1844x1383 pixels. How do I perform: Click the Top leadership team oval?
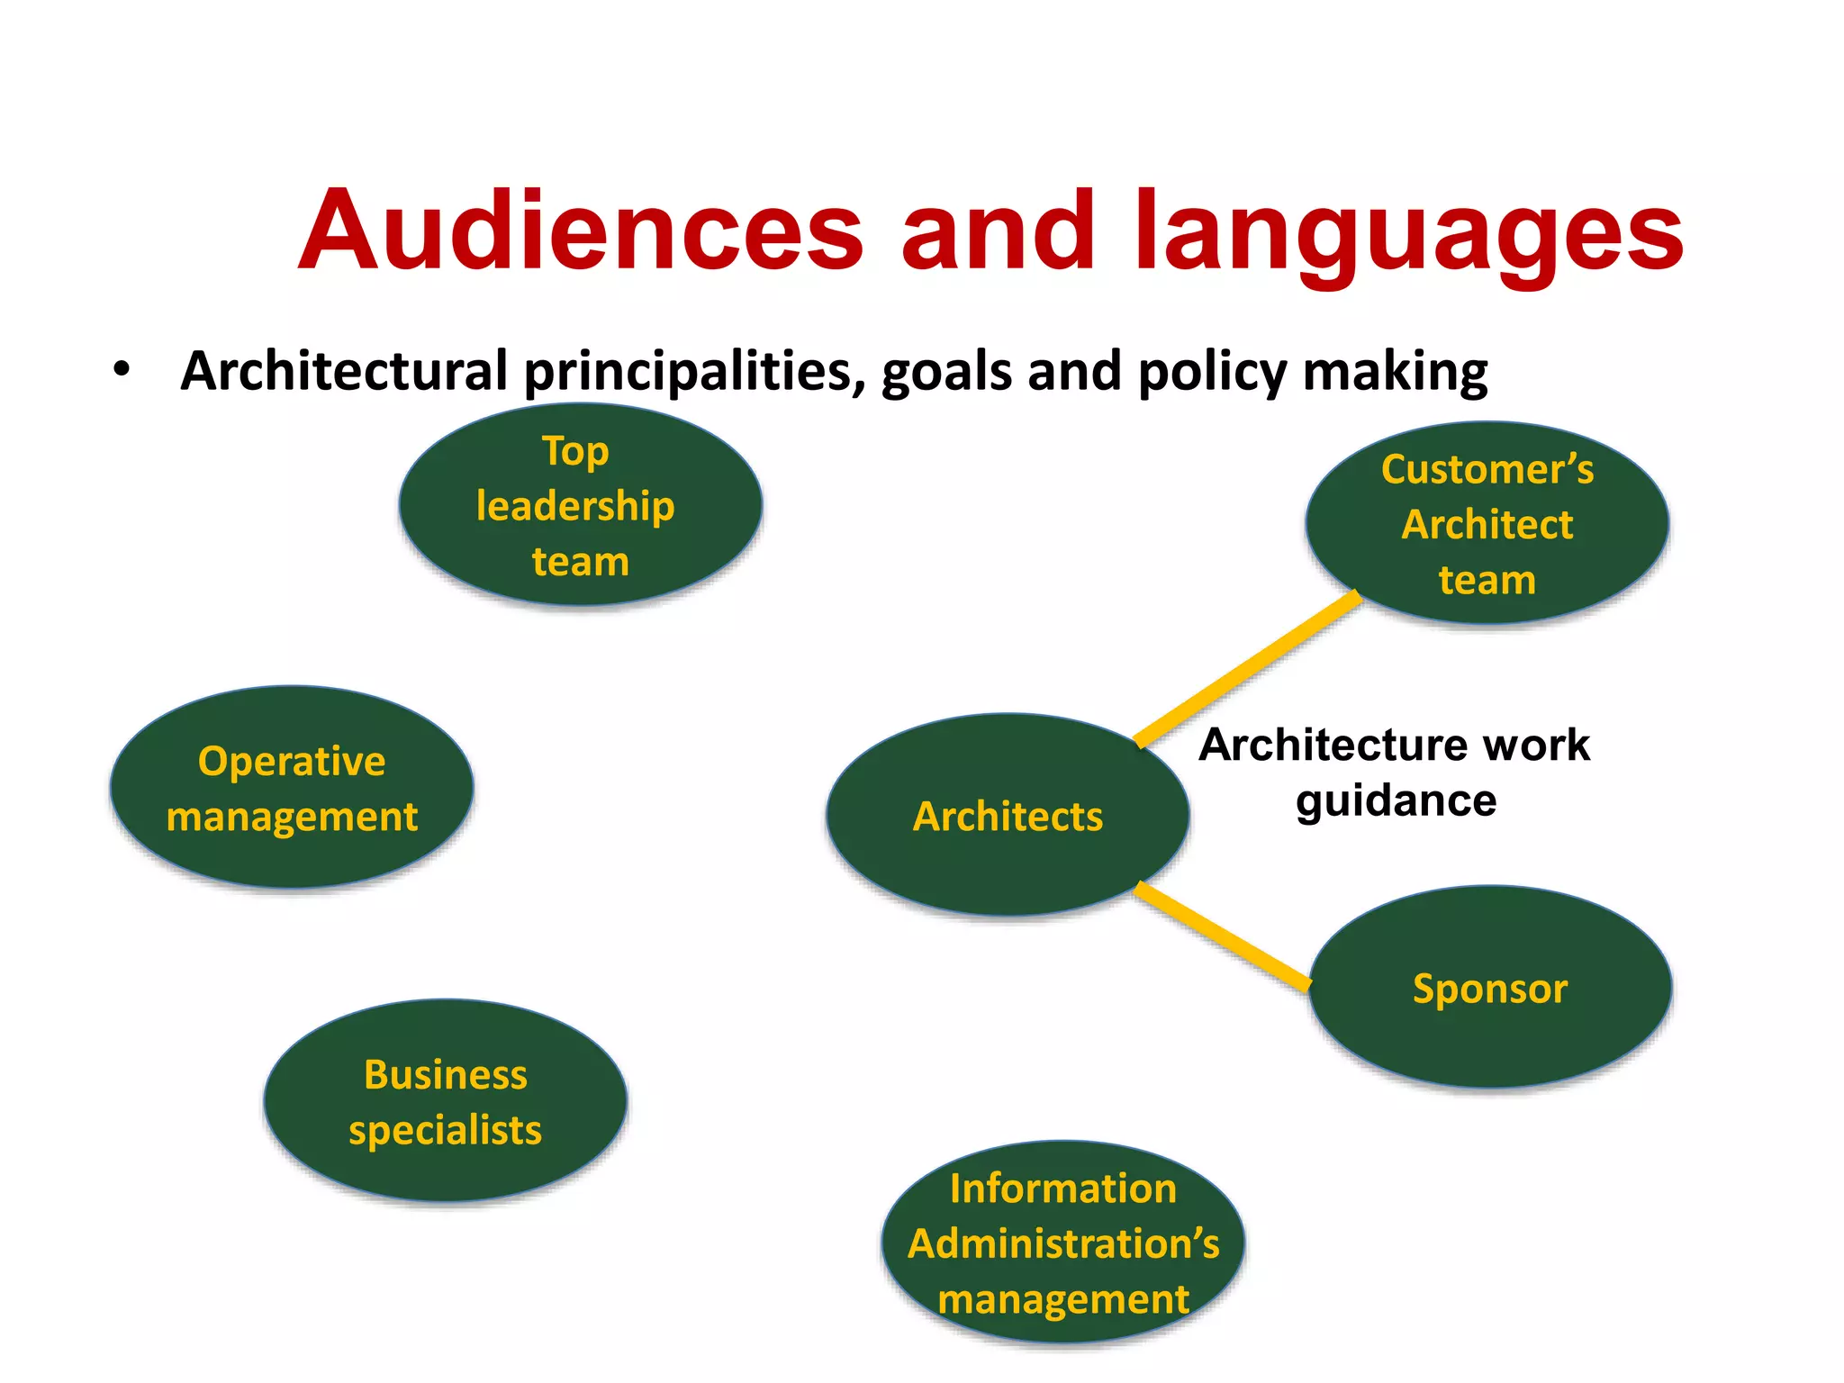pyautogui.click(x=581, y=505)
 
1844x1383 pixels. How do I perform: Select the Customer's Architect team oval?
pyautogui.click(x=1487, y=523)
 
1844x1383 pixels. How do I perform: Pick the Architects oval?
pyautogui.click(x=1008, y=816)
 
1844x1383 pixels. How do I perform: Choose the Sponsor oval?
pyautogui.click(x=1490, y=988)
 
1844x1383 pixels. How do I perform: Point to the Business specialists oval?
pyautogui.click(x=446, y=1100)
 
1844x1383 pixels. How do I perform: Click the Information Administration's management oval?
pyautogui.click(x=1063, y=1243)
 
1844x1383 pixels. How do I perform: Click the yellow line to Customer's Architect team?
pyautogui.click(x=1247, y=668)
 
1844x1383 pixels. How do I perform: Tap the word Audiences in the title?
pyautogui.click(x=581, y=231)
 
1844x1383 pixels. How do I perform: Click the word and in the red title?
pyautogui.click(x=998, y=231)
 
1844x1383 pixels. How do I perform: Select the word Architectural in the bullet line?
pyautogui.click(x=344, y=371)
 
